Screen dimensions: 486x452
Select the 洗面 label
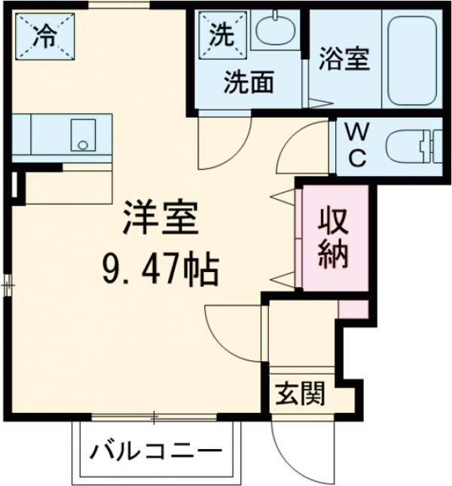click(248, 82)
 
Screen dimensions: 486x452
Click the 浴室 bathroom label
click(344, 60)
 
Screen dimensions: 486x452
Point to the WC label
click(356, 145)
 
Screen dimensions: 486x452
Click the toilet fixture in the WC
click(411, 145)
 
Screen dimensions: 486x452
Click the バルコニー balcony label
click(157, 453)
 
